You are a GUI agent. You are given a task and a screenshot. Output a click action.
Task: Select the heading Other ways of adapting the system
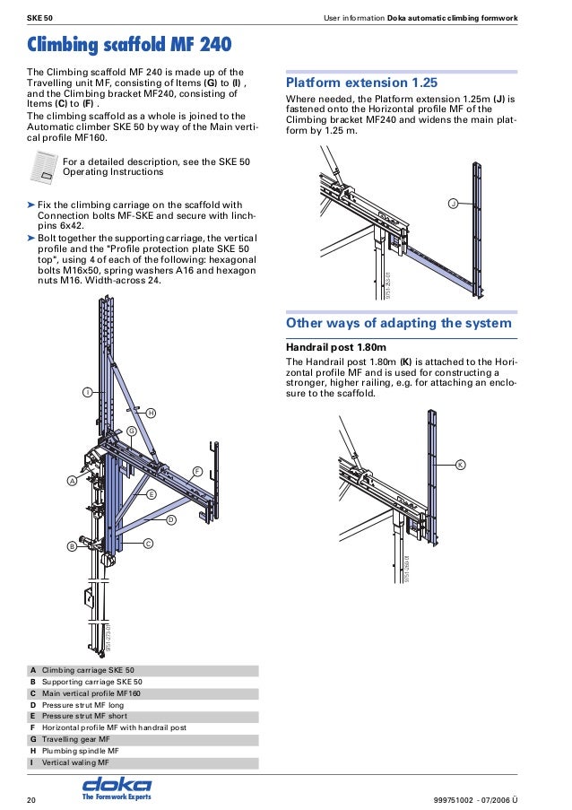pyautogui.click(x=398, y=323)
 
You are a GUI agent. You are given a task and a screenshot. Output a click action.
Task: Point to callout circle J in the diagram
pyautogui.click(x=453, y=205)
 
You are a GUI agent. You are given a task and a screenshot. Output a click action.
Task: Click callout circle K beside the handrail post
pyautogui.click(x=460, y=465)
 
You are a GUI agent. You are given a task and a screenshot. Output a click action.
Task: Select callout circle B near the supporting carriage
pyautogui.click(x=71, y=546)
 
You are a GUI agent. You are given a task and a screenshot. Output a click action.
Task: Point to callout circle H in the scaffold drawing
pyautogui.click(x=150, y=413)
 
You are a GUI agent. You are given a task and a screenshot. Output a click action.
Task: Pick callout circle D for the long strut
pyautogui.click(x=170, y=519)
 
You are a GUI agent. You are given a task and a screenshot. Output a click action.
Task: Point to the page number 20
pyautogui.click(x=31, y=798)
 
